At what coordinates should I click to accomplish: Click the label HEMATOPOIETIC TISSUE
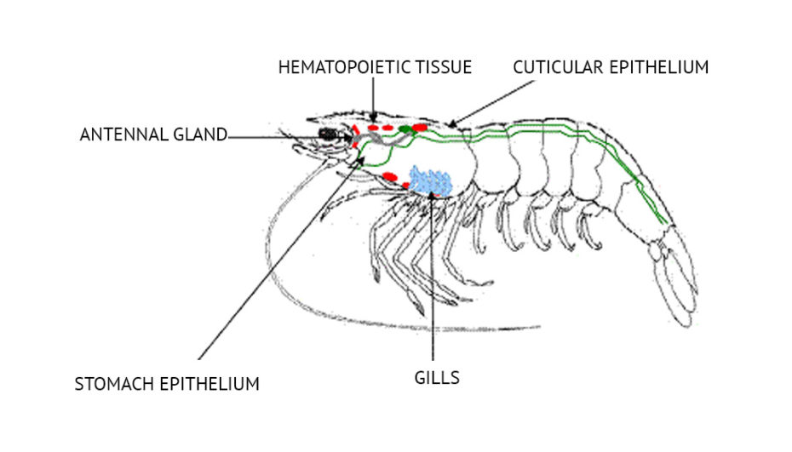tap(375, 66)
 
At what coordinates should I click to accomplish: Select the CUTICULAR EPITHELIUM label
tap(610, 66)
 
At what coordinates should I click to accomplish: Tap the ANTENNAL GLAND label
tap(153, 134)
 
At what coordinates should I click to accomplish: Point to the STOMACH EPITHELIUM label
tap(167, 384)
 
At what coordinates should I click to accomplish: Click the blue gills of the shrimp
tap(430, 180)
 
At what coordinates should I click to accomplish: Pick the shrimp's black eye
tap(326, 134)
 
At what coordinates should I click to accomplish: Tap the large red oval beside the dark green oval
tap(419, 128)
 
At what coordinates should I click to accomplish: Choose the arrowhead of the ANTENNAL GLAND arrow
tap(347, 135)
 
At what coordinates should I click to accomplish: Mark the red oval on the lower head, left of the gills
tap(390, 177)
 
